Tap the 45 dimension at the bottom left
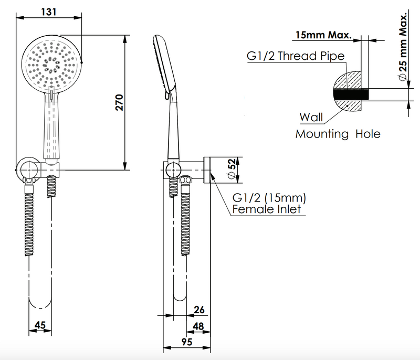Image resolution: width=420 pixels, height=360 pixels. [40, 325]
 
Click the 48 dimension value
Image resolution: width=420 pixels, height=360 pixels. [198, 325]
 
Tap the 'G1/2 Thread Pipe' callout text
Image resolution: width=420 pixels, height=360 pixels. [296, 56]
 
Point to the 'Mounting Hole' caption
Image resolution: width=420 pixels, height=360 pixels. [338, 134]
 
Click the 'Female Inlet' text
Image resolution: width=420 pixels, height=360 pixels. [267, 209]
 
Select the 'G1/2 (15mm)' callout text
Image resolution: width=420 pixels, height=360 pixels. [269, 198]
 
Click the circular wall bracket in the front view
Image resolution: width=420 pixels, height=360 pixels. [25, 170]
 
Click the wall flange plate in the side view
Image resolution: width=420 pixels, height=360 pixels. [207, 170]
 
